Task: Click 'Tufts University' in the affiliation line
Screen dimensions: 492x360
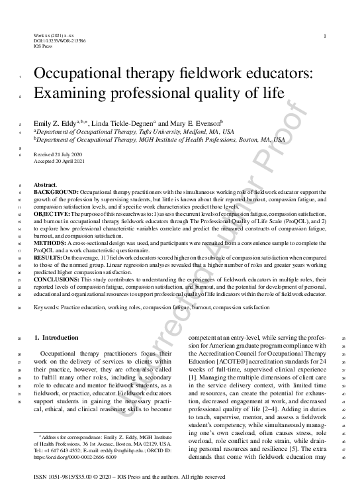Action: pos(152,131)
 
